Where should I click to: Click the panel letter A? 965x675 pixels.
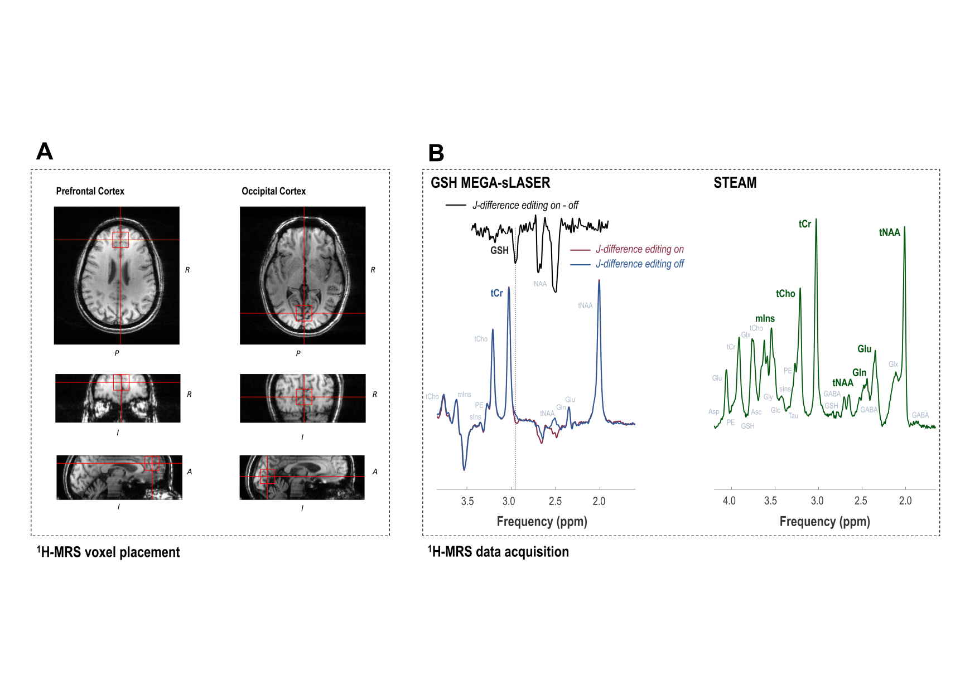45,152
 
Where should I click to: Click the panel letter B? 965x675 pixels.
436,153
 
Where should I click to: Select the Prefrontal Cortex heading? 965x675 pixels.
90,191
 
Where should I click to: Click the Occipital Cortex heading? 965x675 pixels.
273,191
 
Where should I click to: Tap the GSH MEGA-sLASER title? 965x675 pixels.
490,183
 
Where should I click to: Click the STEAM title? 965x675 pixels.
735,183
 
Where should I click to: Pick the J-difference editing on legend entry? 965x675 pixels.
639,249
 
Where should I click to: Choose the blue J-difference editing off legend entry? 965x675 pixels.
639,264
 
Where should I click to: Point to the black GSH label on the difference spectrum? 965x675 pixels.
499,251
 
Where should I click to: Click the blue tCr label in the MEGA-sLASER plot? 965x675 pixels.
496,293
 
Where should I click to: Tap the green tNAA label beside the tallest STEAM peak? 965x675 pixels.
889,232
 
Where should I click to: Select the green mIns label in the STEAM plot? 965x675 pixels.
765,319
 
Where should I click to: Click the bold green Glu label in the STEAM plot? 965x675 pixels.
864,349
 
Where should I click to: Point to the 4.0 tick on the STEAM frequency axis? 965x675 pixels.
729,501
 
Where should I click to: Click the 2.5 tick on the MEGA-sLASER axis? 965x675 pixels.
555,501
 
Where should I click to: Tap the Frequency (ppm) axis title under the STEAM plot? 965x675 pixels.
824,522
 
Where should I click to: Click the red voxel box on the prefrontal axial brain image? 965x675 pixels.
120,240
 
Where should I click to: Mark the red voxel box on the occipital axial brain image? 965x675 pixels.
304,313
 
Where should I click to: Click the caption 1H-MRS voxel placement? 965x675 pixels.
109,552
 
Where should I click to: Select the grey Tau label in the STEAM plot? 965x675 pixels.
793,416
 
